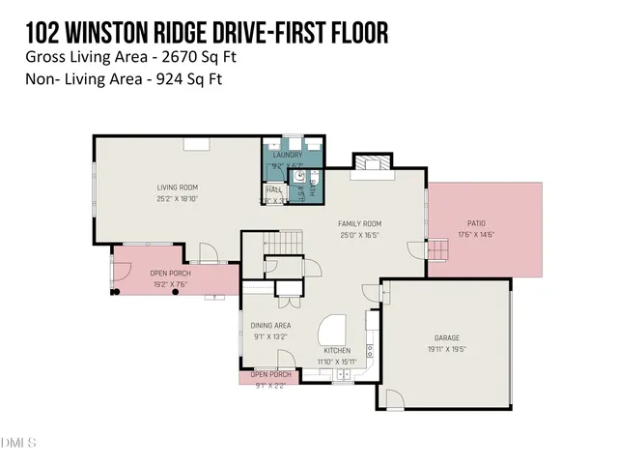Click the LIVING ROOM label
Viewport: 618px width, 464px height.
click(x=178, y=188)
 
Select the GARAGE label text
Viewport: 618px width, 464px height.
click(x=446, y=338)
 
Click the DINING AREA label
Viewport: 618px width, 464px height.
click(x=271, y=327)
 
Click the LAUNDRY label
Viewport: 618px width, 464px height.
click(x=288, y=155)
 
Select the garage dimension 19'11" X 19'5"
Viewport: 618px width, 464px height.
click(x=446, y=349)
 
